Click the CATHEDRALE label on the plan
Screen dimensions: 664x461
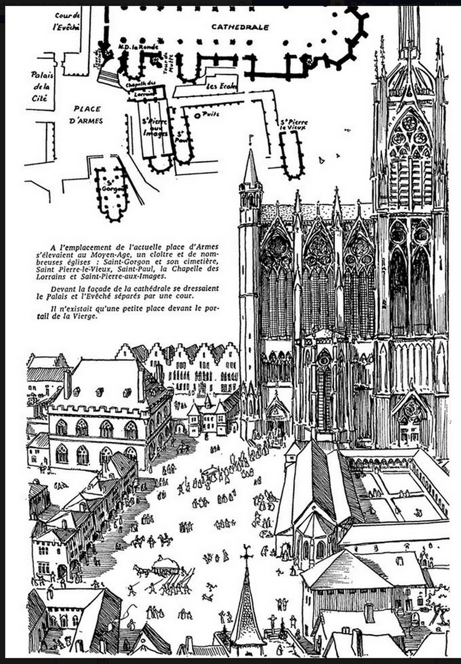(240, 27)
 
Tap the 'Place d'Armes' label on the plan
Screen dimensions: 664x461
(86, 115)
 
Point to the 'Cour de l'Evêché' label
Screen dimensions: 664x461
(67, 21)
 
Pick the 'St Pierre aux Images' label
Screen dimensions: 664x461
(155, 127)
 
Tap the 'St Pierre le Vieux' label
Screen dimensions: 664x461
(294, 125)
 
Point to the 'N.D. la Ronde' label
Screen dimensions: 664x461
(138, 46)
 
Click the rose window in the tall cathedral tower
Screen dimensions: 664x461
(409, 123)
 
